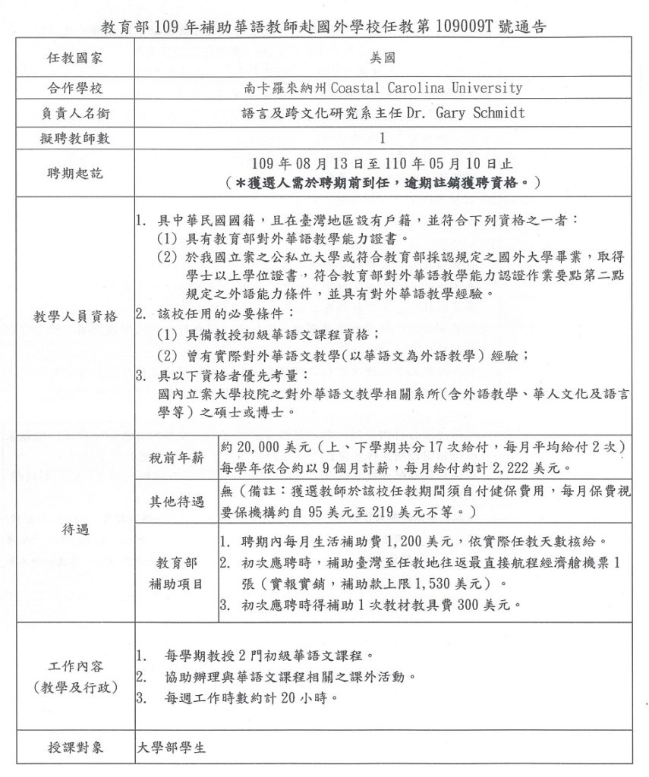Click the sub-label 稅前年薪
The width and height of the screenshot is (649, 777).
click(x=175, y=458)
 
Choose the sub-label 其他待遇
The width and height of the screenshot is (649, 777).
click(x=175, y=502)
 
